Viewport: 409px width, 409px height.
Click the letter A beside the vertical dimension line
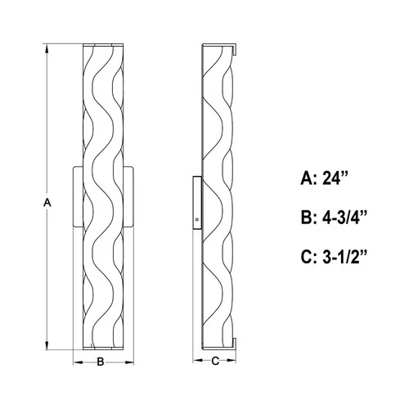point(47,201)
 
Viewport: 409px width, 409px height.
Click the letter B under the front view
point(101,360)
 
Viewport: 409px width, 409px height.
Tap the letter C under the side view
point(215,360)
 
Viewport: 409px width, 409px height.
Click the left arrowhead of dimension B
point(77,360)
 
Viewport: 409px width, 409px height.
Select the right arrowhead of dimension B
point(124,360)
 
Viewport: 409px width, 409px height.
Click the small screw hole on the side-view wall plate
point(197,220)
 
